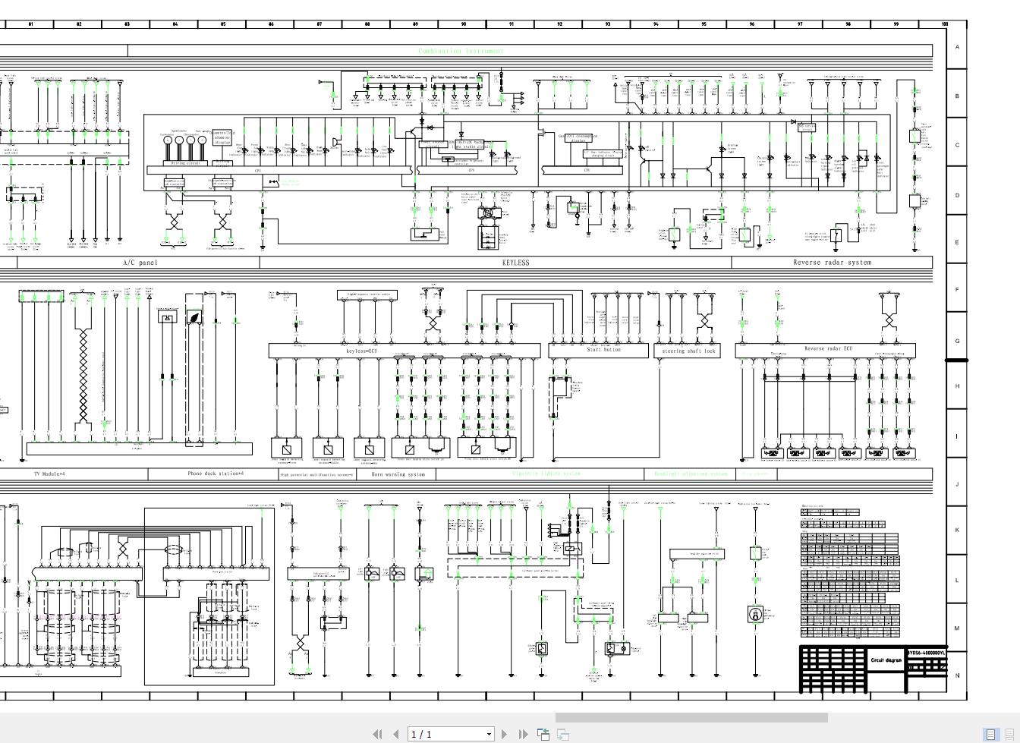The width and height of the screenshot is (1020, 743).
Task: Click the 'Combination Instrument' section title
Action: [461, 51]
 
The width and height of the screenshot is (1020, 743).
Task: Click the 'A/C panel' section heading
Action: [140, 263]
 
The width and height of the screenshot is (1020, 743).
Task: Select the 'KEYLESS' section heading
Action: [515, 263]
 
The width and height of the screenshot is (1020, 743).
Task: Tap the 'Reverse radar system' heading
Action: [832, 263]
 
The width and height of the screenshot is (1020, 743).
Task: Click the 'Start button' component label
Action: [603, 350]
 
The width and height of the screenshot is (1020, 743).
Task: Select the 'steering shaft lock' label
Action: [688, 351]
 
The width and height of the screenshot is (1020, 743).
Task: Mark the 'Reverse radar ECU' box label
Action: [828, 349]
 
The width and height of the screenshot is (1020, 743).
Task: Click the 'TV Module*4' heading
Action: [49, 474]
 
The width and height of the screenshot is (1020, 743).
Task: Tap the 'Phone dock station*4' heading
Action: [216, 474]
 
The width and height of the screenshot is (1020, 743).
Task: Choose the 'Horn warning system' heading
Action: [398, 474]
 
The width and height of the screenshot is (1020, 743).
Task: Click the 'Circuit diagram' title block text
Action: [886, 660]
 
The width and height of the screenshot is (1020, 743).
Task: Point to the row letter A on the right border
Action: [956, 47]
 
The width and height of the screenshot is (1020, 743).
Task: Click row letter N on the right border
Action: [956, 675]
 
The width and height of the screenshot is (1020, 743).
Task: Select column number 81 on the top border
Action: [30, 24]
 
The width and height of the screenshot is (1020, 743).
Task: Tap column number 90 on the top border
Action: [463, 24]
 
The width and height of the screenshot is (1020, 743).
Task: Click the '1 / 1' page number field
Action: [448, 734]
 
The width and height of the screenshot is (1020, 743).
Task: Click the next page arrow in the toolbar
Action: [504, 734]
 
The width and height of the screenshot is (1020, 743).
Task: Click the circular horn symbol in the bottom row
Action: [755, 615]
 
